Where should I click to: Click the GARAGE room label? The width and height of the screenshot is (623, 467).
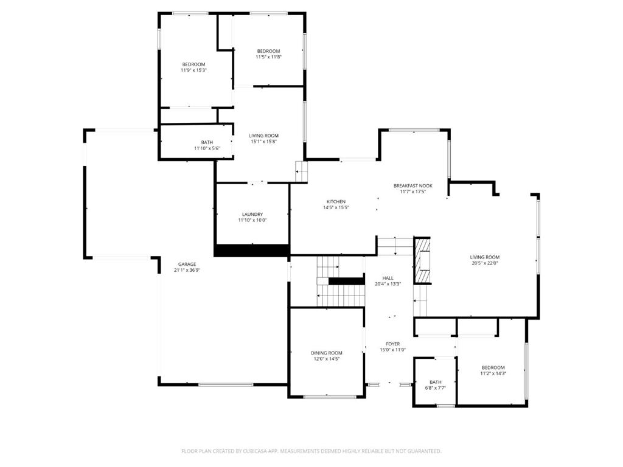point(187,265)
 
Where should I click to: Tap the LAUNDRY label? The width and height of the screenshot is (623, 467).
point(252,214)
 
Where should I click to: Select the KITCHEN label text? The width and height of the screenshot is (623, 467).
point(336,202)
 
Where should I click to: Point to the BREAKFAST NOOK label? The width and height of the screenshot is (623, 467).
point(412,185)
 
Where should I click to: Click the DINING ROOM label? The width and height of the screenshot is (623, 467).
point(327,353)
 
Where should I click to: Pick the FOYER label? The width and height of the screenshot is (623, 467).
point(392,344)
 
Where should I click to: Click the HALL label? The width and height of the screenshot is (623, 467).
point(388,278)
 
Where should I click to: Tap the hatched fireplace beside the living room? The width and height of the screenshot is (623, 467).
point(422,260)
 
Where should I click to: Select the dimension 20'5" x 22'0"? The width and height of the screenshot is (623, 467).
point(484,263)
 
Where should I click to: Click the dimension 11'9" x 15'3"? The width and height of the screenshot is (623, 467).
point(193,71)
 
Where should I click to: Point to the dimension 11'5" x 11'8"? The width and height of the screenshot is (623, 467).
point(268,57)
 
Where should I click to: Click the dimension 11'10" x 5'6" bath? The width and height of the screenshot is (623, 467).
point(207,148)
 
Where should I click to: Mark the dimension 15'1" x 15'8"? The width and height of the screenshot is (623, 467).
point(263,142)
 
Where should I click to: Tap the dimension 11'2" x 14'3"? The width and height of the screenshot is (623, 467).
point(493,373)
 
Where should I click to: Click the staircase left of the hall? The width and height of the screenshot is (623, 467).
point(341,283)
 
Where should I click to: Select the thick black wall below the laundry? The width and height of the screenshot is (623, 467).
point(251,250)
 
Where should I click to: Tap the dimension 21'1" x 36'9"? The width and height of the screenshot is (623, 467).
point(187,271)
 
